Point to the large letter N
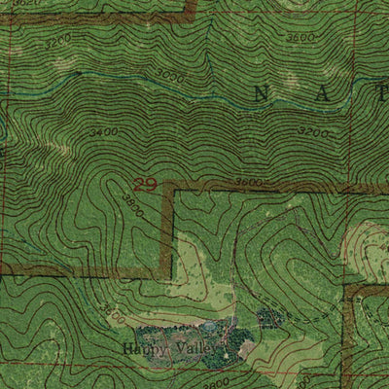[261, 93]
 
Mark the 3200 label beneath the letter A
[313, 130]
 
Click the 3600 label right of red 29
[250, 183]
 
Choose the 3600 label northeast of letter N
[301, 37]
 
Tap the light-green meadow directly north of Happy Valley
[199, 282]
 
